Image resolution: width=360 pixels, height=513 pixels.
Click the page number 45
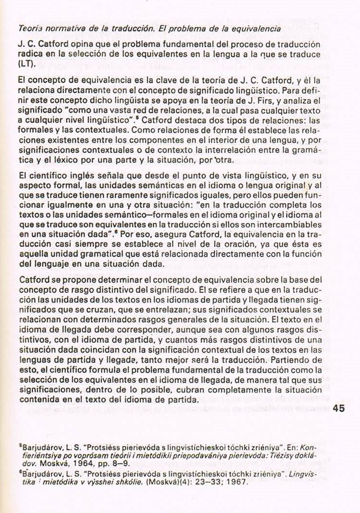pyautogui.click(x=339, y=408)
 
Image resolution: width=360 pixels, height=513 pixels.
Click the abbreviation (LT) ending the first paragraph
pyautogui.click(x=24, y=64)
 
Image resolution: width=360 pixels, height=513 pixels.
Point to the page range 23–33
pyautogui.click(x=203, y=483)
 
